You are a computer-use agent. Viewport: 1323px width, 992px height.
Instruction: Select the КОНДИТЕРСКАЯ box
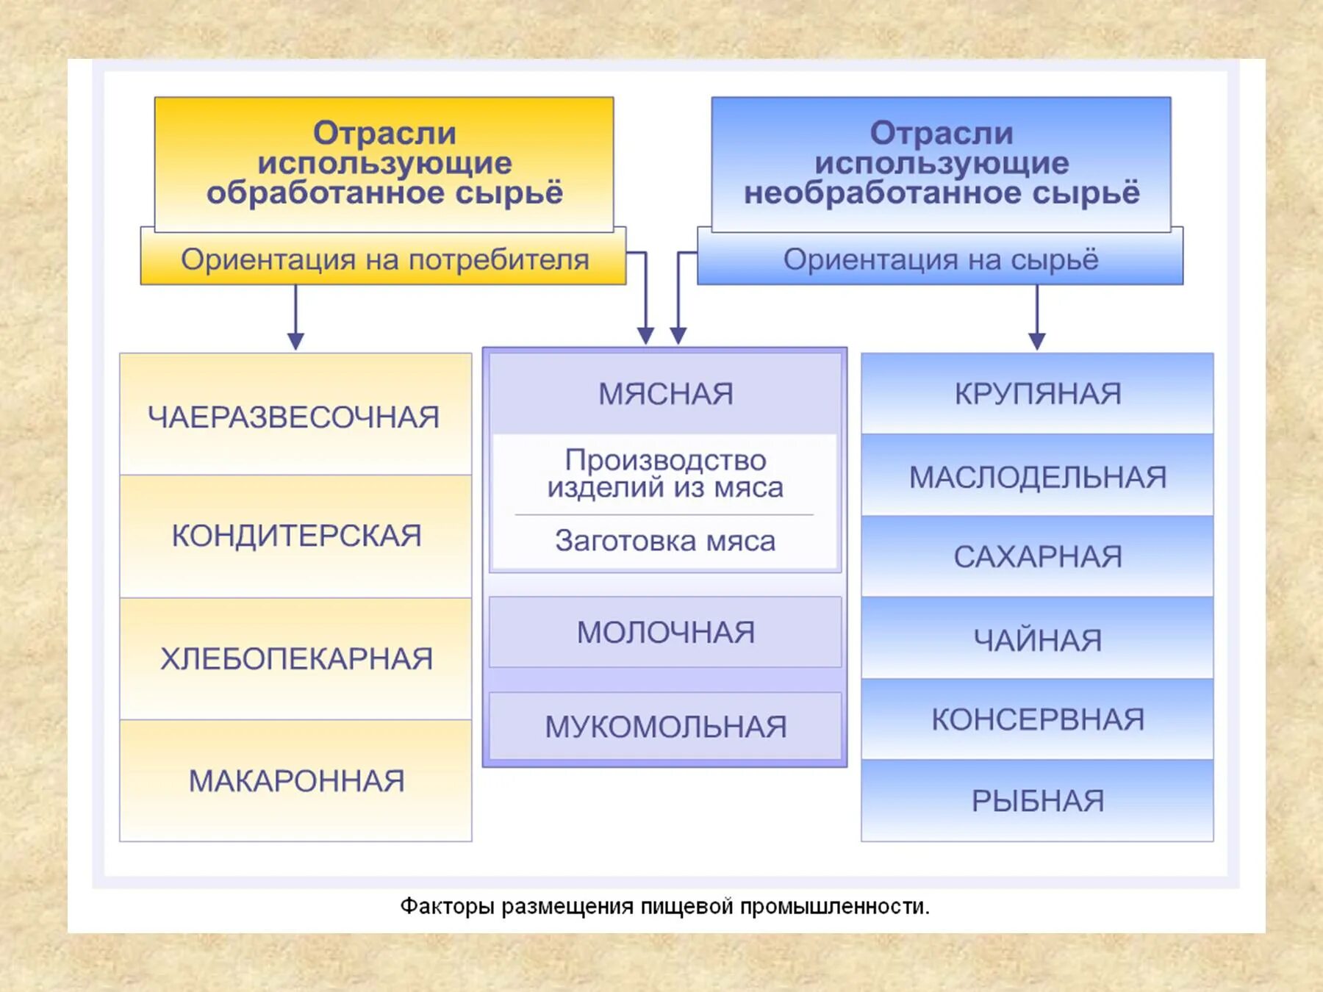pos(295,536)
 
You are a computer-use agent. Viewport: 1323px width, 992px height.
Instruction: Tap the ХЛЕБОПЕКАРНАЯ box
pos(295,658)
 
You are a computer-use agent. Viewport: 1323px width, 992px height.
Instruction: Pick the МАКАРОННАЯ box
pos(295,780)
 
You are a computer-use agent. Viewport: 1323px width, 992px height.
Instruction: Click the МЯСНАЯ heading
pos(665,394)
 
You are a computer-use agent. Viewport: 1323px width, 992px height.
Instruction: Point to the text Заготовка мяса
pos(665,541)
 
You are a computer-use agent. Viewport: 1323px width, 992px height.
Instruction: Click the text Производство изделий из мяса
pos(665,474)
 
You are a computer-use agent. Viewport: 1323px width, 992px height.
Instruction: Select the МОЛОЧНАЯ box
pos(665,632)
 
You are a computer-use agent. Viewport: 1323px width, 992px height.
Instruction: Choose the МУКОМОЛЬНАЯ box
pos(665,726)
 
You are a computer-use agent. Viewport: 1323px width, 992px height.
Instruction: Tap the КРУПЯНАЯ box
pos(1037,394)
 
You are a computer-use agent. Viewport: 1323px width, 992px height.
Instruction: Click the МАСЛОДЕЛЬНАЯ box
pos(1037,476)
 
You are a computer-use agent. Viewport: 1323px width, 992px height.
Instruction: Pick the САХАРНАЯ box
pos(1037,556)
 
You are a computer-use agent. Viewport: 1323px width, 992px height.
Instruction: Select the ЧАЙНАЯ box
pos(1037,639)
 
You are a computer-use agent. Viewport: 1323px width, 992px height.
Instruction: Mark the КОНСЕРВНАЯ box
pos(1037,719)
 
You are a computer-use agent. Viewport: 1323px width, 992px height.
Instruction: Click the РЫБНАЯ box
pos(1037,800)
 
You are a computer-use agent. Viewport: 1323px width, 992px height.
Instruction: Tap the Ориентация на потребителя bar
pos(384,259)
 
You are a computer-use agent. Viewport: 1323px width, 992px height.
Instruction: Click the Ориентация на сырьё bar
pos(940,259)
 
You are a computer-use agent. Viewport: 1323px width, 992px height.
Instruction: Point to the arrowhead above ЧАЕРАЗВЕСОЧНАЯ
pos(295,340)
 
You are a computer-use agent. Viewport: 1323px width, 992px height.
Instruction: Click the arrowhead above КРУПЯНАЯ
pos(1037,340)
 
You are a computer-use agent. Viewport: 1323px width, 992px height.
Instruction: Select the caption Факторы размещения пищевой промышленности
pos(664,906)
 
